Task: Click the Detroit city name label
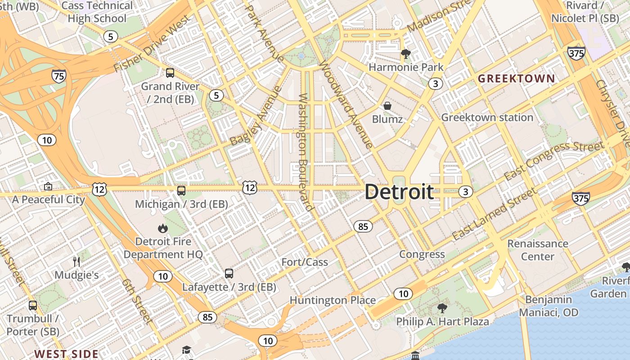[x=399, y=192]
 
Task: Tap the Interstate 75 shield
[x=59, y=76]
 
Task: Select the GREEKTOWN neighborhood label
[x=516, y=79]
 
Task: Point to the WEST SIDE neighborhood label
[x=67, y=354]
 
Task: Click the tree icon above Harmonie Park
[x=406, y=54]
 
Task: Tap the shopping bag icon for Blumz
[x=387, y=106]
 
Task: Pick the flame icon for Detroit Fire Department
[x=163, y=229]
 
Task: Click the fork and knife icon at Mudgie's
[x=76, y=262]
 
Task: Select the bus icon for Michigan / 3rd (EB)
[x=181, y=191]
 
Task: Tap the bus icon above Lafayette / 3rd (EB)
[x=229, y=274]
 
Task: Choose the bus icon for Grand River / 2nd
[x=170, y=73]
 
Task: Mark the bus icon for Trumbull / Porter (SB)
[x=33, y=306]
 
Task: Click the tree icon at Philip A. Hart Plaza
[x=442, y=308]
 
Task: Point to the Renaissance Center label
[x=538, y=250]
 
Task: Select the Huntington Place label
[x=333, y=300]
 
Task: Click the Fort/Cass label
[x=305, y=262]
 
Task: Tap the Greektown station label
[x=487, y=117]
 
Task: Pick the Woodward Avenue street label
[x=346, y=103]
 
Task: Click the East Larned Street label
[x=494, y=214]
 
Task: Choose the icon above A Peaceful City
[x=48, y=186]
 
